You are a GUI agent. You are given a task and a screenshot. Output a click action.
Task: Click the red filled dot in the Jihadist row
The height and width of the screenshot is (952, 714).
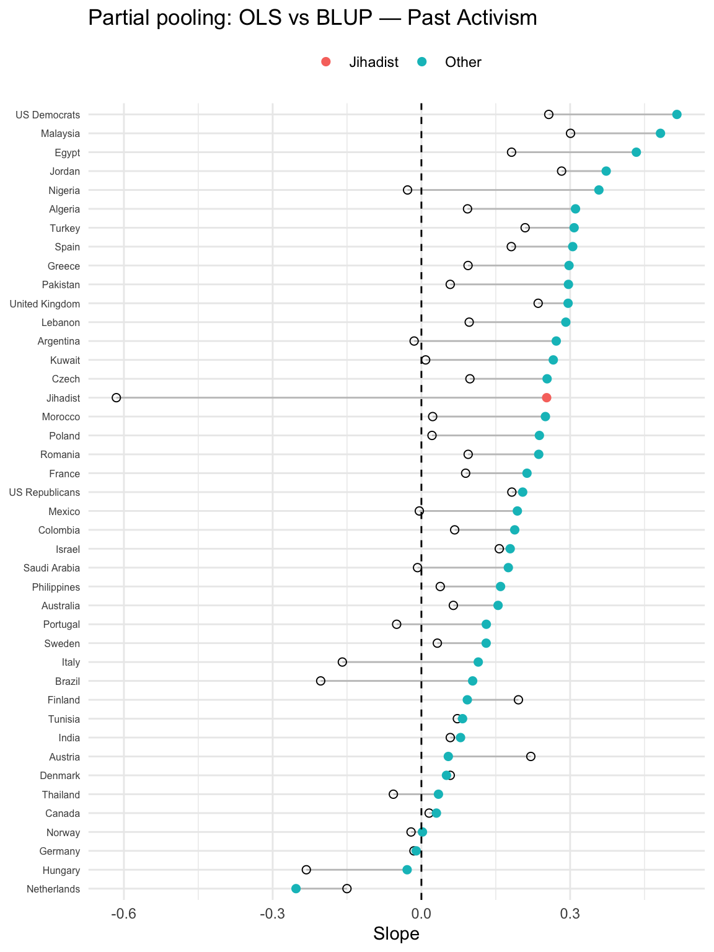pos(546,398)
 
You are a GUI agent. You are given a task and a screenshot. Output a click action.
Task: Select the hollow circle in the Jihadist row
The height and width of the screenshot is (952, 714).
pos(117,398)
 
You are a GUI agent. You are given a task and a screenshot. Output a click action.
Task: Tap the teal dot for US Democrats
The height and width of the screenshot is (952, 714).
pos(677,115)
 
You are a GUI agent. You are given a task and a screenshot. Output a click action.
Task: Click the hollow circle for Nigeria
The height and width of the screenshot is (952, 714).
pos(407,190)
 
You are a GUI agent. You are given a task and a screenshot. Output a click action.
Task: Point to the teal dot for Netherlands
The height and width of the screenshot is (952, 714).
pos(296,889)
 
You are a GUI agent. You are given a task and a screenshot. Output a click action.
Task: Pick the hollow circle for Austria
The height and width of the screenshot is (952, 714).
pos(531,756)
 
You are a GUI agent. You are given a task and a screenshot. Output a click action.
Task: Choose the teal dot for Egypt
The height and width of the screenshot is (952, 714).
pos(636,152)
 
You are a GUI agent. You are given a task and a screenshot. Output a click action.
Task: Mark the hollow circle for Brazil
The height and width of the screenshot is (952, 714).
pos(320,681)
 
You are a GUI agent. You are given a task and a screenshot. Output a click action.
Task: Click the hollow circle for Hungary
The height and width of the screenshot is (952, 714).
pos(306,870)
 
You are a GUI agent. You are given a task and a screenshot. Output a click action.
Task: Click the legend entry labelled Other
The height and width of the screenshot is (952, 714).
pos(462,62)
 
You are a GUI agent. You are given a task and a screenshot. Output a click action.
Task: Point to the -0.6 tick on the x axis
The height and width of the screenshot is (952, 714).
pos(124,913)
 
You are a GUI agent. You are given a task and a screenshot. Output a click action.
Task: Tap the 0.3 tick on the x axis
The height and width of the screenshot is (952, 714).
pos(570,913)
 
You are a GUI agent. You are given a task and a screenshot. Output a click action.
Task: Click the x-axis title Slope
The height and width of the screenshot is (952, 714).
pos(396,934)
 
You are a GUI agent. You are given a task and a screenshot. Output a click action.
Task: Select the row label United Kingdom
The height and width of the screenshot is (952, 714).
pos(45,304)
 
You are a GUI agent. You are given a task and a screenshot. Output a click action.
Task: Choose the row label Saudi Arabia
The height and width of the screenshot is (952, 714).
pos(51,568)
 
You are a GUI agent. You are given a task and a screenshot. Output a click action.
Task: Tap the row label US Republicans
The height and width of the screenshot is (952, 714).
pos(45,492)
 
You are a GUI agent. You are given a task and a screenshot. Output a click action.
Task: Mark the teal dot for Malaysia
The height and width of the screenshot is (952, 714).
pos(660,133)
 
